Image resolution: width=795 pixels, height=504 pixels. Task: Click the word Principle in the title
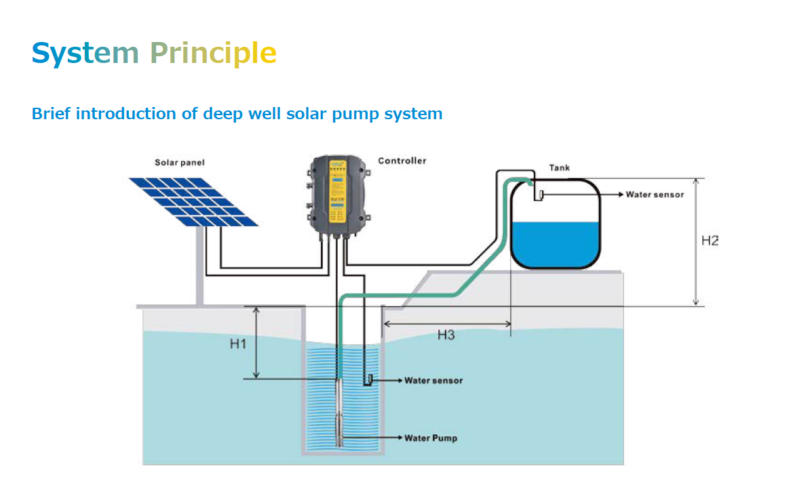pyautogui.click(x=213, y=53)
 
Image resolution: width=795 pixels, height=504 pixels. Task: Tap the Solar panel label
pyautogui.click(x=180, y=163)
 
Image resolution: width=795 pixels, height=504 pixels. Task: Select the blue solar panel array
pyautogui.click(x=193, y=202)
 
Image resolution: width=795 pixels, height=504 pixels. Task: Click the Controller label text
pyautogui.click(x=402, y=161)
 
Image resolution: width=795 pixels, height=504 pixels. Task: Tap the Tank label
pyautogui.click(x=560, y=167)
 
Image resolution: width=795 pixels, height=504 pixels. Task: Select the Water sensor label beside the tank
pyautogui.click(x=655, y=195)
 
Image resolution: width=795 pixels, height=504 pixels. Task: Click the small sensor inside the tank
pyautogui.click(x=541, y=196)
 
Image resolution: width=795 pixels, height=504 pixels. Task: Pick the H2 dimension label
pyautogui.click(x=710, y=241)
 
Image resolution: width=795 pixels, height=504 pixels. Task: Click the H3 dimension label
pyautogui.click(x=446, y=335)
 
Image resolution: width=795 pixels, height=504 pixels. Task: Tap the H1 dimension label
pyautogui.click(x=237, y=344)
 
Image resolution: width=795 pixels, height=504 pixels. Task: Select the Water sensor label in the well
pyautogui.click(x=433, y=381)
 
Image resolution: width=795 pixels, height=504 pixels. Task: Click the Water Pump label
pyautogui.click(x=431, y=438)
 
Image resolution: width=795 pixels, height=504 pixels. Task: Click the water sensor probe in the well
pyautogui.click(x=371, y=379)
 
